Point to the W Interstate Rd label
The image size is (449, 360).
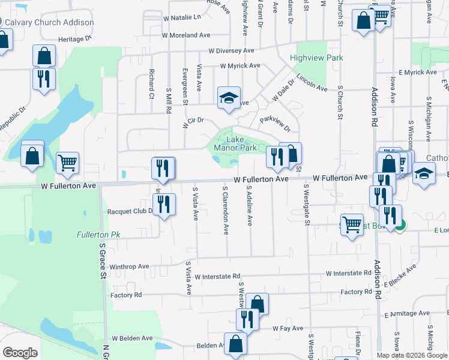click(349, 273)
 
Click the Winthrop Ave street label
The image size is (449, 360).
click(128, 266)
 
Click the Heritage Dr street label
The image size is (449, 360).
click(75, 38)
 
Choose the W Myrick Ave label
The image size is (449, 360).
click(240, 65)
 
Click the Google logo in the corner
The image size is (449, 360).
click(20, 352)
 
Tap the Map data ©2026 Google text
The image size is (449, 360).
click(411, 355)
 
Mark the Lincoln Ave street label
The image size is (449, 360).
click(312, 84)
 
